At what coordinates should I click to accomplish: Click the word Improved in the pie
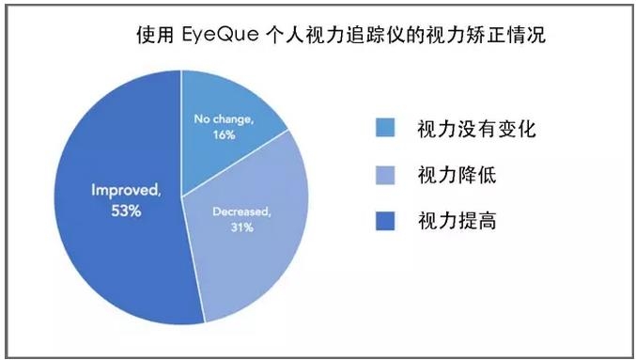pos(125,191)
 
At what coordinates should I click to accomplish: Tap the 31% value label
pos(240,228)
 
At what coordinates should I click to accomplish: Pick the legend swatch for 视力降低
pos(385,175)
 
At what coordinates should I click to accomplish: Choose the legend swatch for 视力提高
pos(385,221)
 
